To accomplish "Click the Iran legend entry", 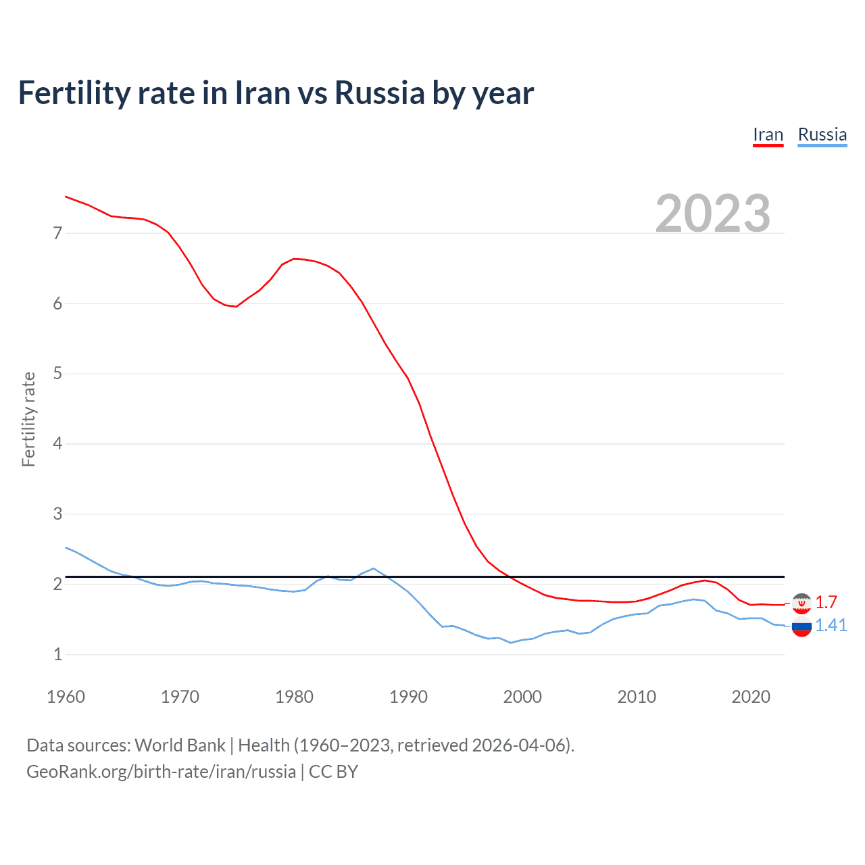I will point(768,134).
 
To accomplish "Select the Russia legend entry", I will point(822,134).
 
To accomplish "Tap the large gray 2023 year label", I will point(712,214).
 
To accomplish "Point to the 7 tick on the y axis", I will point(57,234).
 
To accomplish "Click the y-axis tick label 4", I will point(57,444).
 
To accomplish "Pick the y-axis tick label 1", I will point(57,654).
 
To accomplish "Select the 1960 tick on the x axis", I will point(66,697).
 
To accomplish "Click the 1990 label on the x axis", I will point(408,697).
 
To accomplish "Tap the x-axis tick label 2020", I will point(751,697).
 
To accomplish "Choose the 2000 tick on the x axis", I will point(522,697).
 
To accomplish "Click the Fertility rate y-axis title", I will point(28,419).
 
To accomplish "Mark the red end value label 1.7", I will point(826,602).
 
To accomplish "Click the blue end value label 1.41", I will point(831,625).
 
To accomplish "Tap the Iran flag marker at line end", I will point(801,603).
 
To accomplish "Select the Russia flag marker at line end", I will point(801,627).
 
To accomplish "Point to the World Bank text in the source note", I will point(180,745).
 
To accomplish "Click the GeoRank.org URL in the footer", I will point(161,772).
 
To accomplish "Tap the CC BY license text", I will point(333,772).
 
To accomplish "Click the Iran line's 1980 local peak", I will point(294,258).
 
